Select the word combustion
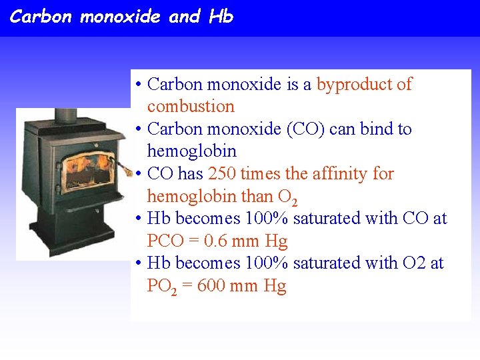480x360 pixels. coord(191,107)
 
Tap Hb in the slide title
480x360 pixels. coord(221,17)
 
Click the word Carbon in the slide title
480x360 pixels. coord(40,17)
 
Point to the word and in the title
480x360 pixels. coord(184,17)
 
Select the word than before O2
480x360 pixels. coord(257,197)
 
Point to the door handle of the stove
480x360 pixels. coord(125,168)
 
